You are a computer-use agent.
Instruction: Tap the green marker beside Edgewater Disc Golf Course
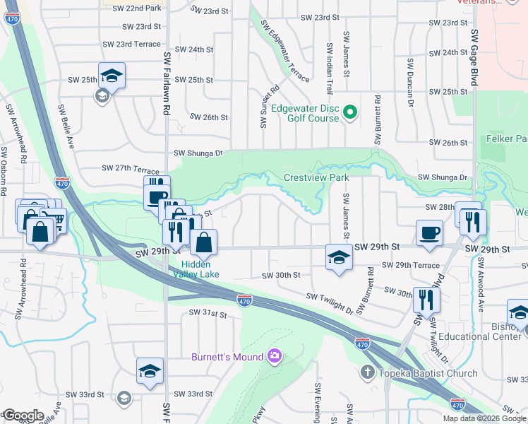coord(349,112)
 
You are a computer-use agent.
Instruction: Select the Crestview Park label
coord(316,177)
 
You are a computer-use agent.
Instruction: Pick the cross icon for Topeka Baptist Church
coord(368,372)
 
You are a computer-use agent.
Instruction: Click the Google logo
coord(23,415)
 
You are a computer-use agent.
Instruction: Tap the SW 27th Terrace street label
coord(131,168)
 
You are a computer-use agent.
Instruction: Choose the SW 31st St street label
coord(208,313)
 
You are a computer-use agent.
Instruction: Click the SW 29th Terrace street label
coord(412,264)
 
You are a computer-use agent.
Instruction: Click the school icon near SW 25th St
coord(112,75)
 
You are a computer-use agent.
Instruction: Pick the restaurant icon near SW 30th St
coord(426,298)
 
